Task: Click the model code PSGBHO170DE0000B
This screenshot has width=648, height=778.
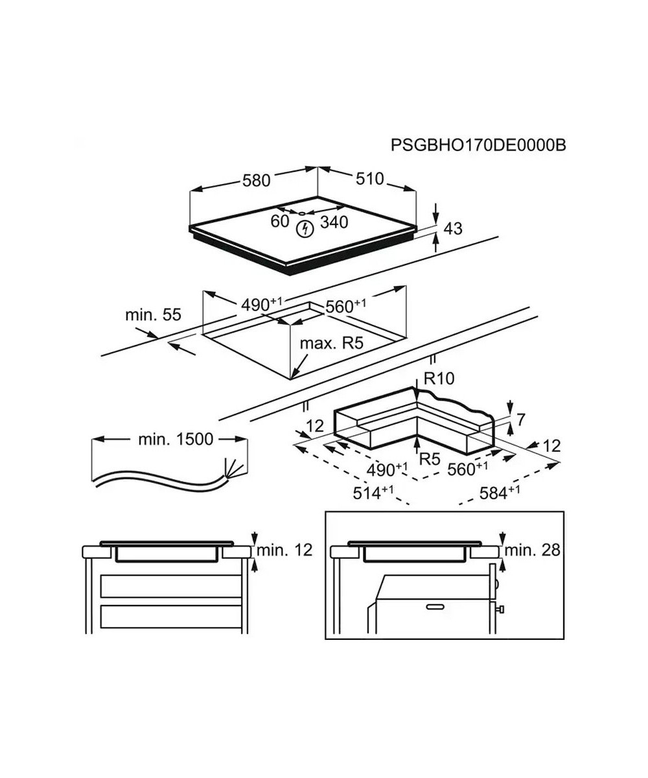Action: pos(478,145)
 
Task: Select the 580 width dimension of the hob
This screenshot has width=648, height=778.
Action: pos(256,180)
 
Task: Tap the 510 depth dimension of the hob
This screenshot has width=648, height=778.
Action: pos(369,179)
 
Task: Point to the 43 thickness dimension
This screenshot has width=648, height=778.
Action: pos(453,228)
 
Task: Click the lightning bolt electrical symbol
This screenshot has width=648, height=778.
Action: pos(305,229)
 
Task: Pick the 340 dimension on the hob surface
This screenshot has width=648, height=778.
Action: pos(334,222)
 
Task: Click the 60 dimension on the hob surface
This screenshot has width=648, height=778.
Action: pos(280,221)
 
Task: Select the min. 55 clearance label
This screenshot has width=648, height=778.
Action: pos(153,314)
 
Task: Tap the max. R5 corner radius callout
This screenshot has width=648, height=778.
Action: pos(331,343)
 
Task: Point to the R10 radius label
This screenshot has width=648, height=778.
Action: pos(439,378)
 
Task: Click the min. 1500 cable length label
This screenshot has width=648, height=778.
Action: pos(176,440)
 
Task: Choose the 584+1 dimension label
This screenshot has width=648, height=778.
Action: pos(500,493)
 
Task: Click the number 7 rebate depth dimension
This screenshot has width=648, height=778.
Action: pos(520,420)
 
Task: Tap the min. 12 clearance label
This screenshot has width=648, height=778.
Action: pos(284,550)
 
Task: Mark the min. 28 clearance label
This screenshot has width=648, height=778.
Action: pos(532,550)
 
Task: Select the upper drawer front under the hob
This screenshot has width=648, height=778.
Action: pos(171,586)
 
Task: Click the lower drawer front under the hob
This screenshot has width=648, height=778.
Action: pos(171,617)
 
